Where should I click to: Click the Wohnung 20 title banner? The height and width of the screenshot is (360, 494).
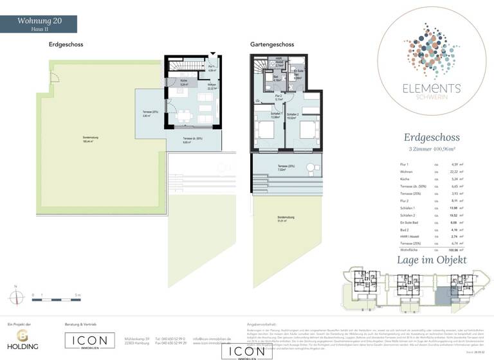(x=39, y=24)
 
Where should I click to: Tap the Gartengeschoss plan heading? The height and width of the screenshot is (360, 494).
(x=272, y=44)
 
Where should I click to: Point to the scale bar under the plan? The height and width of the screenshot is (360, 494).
(x=55, y=295)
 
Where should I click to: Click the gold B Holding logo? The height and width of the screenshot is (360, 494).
(x=22, y=339)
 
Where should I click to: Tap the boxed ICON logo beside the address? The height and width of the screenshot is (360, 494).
(x=89, y=340)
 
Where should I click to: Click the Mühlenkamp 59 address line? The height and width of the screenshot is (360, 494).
(x=136, y=338)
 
